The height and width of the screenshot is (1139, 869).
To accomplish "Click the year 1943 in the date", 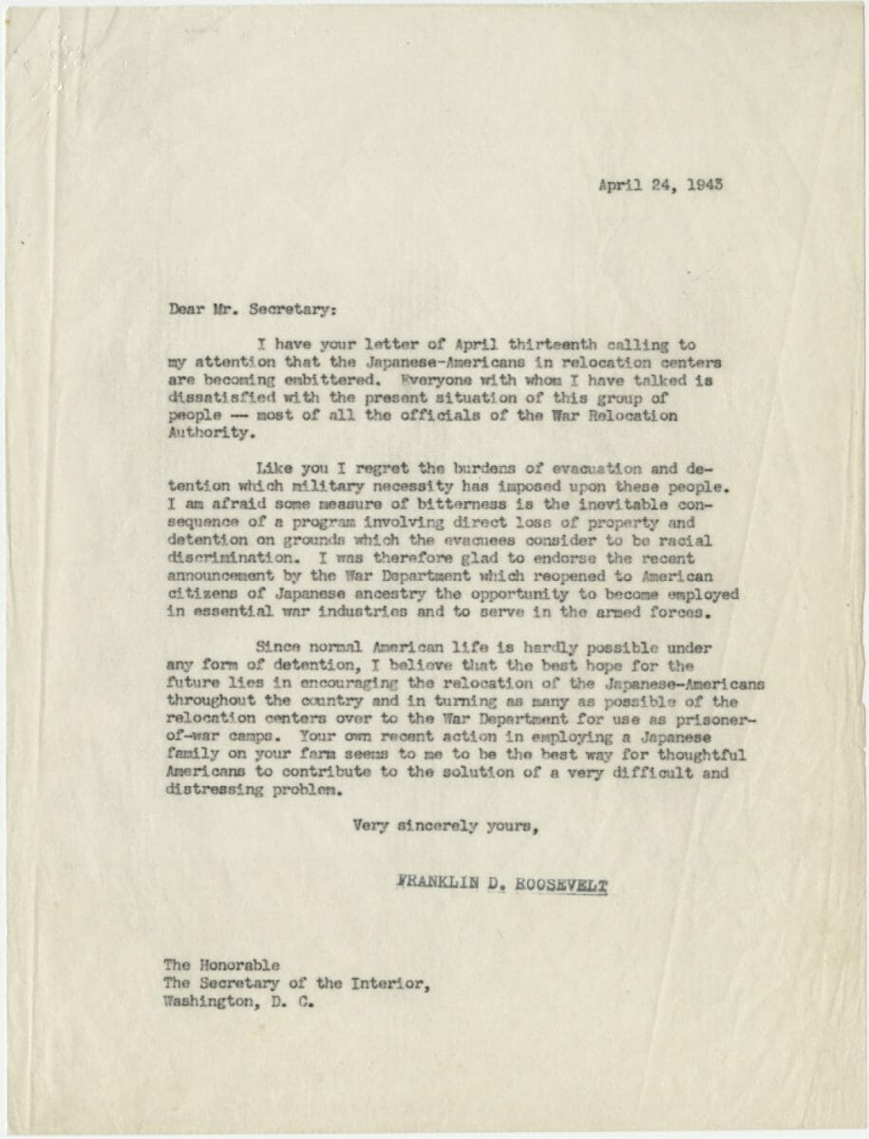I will [x=704, y=184].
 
